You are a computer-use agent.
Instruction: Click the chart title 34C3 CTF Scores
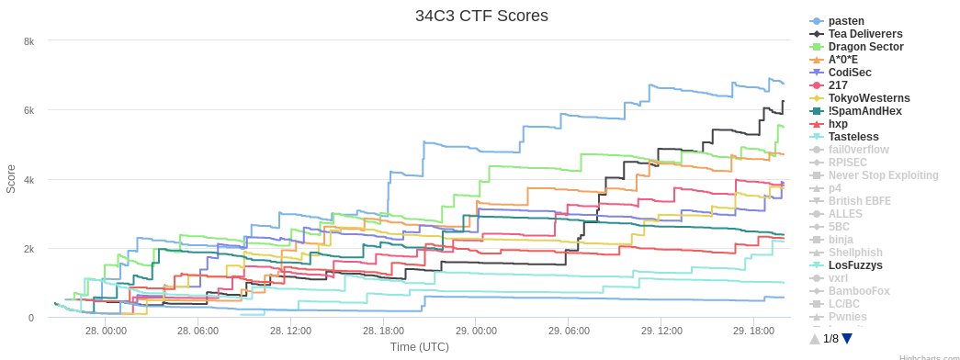[480, 17]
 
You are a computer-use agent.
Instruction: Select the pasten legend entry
[846, 21]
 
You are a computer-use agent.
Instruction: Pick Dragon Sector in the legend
[865, 47]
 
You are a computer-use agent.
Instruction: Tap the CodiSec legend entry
[850, 73]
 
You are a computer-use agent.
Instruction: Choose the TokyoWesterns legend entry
[869, 98]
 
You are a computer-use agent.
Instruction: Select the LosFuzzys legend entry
[855, 265]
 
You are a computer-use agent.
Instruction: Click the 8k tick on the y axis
[29, 41]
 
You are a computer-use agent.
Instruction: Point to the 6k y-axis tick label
[29, 110]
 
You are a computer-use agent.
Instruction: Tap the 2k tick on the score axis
[29, 249]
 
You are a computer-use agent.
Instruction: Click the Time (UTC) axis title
[420, 347]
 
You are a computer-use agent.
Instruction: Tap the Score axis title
[11, 178]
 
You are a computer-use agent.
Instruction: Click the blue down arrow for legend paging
[847, 339]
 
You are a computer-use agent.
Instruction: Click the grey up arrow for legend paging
[815, 339]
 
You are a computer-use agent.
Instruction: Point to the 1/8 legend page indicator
[830, 339]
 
